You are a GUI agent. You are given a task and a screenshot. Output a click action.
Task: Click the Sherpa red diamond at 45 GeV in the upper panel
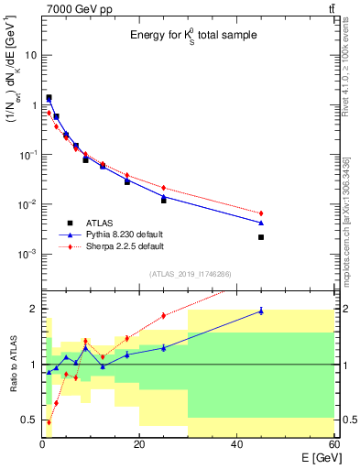(x=261, y=213)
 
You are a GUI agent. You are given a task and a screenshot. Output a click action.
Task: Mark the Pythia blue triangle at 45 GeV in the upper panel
(x=261, y=223)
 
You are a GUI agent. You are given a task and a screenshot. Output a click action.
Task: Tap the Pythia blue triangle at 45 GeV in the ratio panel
(x=261, y=311)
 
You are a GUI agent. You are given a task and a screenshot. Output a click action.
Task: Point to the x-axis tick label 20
(x=139, y=446)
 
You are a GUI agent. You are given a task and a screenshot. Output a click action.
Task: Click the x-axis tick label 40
(x=237, y=446)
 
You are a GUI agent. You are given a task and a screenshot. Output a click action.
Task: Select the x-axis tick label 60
(x=333, y=446)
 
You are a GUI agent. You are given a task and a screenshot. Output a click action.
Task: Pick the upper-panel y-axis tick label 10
(x=29, y=55)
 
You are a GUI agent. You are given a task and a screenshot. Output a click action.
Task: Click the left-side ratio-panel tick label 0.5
(x=29, y=420)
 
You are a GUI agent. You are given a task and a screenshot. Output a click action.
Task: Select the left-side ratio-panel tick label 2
(x=33, y=309)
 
